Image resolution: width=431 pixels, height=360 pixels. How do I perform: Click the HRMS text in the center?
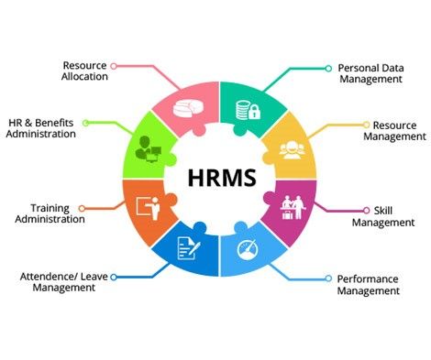point(219,177)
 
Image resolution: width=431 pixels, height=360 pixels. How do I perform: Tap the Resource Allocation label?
point(85,71)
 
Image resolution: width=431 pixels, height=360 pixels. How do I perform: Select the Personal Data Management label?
point(370,73)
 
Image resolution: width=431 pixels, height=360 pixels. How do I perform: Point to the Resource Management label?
point(394,130)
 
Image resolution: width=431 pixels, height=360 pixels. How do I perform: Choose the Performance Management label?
point(368,284)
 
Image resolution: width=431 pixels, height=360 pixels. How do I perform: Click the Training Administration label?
point(57,213)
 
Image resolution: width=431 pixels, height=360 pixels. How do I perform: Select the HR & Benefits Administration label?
point(41,127)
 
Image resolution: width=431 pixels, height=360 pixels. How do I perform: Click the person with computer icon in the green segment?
point(149,146)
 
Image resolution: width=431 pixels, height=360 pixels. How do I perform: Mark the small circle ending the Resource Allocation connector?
point(114,65)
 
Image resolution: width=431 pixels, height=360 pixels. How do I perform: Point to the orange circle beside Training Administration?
point(82,208)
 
